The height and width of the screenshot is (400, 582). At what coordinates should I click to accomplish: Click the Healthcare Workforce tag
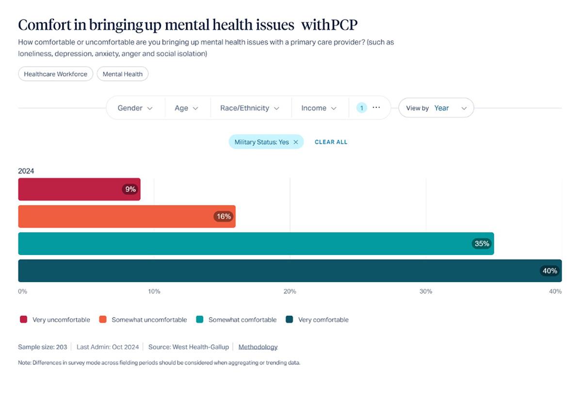tap(55, 74)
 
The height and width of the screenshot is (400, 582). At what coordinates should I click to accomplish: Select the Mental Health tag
tap(122, 74)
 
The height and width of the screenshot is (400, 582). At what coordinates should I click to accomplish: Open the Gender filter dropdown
tap(135, 108)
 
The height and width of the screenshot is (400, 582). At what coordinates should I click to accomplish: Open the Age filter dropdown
tap(186, 108)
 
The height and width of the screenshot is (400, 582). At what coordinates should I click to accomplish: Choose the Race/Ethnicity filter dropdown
tap(250, 108)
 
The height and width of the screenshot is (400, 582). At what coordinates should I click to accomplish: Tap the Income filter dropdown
tap(319, 108)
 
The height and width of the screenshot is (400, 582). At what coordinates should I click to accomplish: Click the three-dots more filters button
tap(376, 108)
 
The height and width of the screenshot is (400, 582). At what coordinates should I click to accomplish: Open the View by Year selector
tap(436, 108)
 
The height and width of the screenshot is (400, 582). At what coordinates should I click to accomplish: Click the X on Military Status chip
tap(296, 142)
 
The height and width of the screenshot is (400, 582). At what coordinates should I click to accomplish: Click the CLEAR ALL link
tap(331, 142)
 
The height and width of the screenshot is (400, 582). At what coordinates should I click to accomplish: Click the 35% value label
tap(482, 243)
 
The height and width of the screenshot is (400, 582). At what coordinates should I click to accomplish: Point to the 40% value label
tap(550, 271)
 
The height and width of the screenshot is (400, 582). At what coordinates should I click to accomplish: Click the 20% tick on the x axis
tap(290, 291)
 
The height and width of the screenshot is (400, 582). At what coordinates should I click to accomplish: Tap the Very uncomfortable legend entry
tap(55, 320)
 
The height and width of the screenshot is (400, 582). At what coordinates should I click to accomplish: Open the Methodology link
tap(258, 347)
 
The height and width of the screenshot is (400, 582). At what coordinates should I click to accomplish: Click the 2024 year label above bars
tap(26, 171)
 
